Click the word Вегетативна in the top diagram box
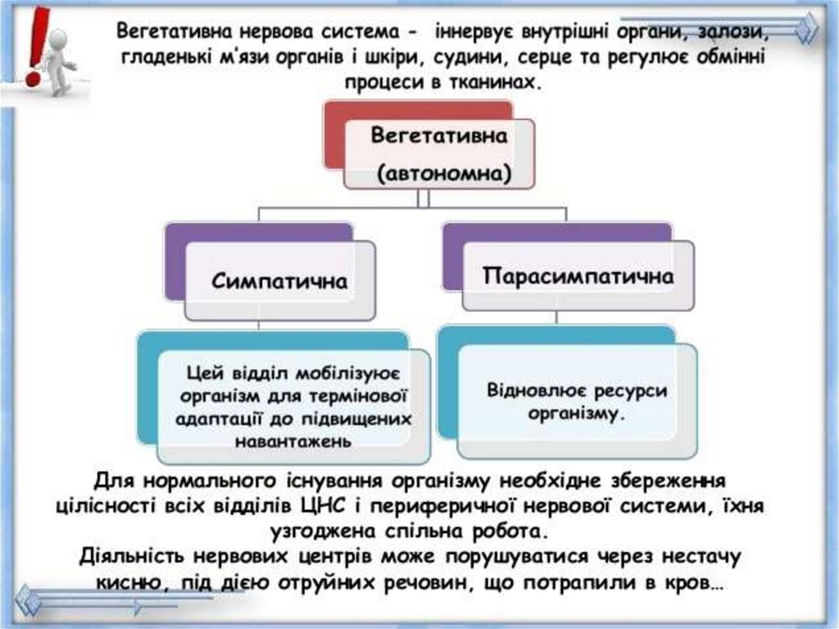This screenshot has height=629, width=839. click(439, 136)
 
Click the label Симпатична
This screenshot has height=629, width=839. click(279, 281)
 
